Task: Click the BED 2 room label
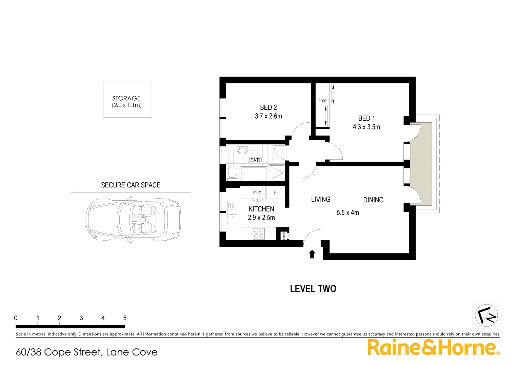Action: [268, 107]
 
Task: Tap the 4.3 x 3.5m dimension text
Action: [366, 127]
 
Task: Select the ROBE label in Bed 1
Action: [322, 101]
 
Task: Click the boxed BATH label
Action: [256, 160]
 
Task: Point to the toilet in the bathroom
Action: [233, 172]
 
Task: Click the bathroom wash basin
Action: [242, 150]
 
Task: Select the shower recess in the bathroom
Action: [276, 173]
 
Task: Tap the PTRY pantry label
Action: [257, 192]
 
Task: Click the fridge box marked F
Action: [275, 193]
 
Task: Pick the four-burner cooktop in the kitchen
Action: [259, 234]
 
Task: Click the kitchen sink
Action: [233, 213]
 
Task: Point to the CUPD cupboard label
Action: [284, 236]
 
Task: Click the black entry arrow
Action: [312, 254]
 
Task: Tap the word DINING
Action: [373, 200]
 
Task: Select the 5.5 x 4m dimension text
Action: [347, 213]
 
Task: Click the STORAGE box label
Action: [126, 98]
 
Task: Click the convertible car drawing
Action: [133, 219]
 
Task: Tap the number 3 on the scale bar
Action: [81, 318]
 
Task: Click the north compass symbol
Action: [486, 315]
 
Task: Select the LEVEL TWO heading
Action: [313, 289]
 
